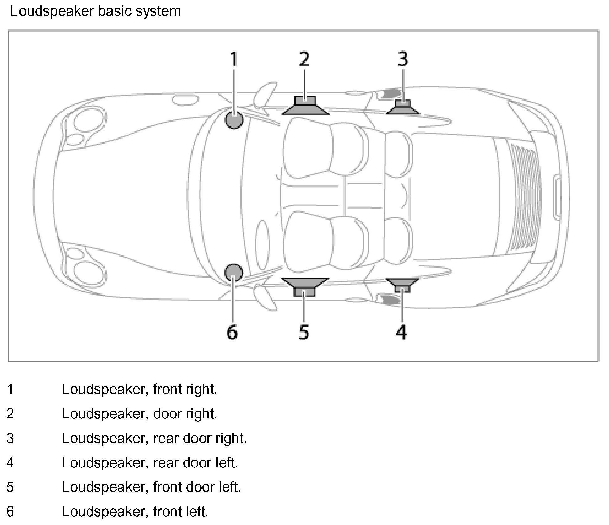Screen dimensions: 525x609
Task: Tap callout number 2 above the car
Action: (304, 59)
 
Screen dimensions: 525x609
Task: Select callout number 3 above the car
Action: (403, 59)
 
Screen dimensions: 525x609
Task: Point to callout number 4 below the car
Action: (402, 332)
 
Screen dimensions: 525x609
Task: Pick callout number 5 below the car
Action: (304, 332)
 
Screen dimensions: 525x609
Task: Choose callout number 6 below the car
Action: (232, 332)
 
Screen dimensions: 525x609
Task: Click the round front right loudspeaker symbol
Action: (234, 120)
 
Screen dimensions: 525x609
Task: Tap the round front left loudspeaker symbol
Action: (234, 272)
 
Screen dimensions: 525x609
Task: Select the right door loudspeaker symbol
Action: (305, 106)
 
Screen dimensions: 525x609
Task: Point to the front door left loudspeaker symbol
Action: (305, 286)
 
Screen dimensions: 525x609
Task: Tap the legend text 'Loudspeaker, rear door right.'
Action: (154, 438)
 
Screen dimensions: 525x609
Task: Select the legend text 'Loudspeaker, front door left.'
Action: (152, 487)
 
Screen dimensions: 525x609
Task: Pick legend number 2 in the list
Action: (10, 414)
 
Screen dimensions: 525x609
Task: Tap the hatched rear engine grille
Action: (524, 195)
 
